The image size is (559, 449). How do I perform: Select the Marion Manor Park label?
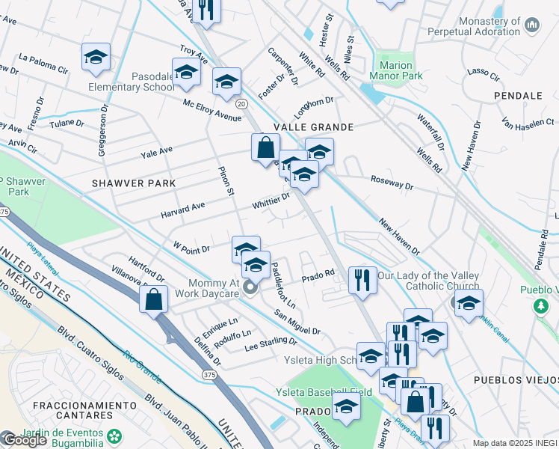396,70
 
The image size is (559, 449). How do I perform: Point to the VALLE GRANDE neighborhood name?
312,128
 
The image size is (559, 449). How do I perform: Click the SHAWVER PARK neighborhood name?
134,183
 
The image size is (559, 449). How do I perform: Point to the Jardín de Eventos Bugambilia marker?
114,436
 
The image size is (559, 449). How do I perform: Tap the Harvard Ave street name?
182,210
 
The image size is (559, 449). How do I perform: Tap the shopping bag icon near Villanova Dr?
153,300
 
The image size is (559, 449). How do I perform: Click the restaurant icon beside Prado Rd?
362,281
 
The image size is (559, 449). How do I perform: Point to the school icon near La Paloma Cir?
96,58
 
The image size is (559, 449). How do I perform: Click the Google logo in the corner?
25,440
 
